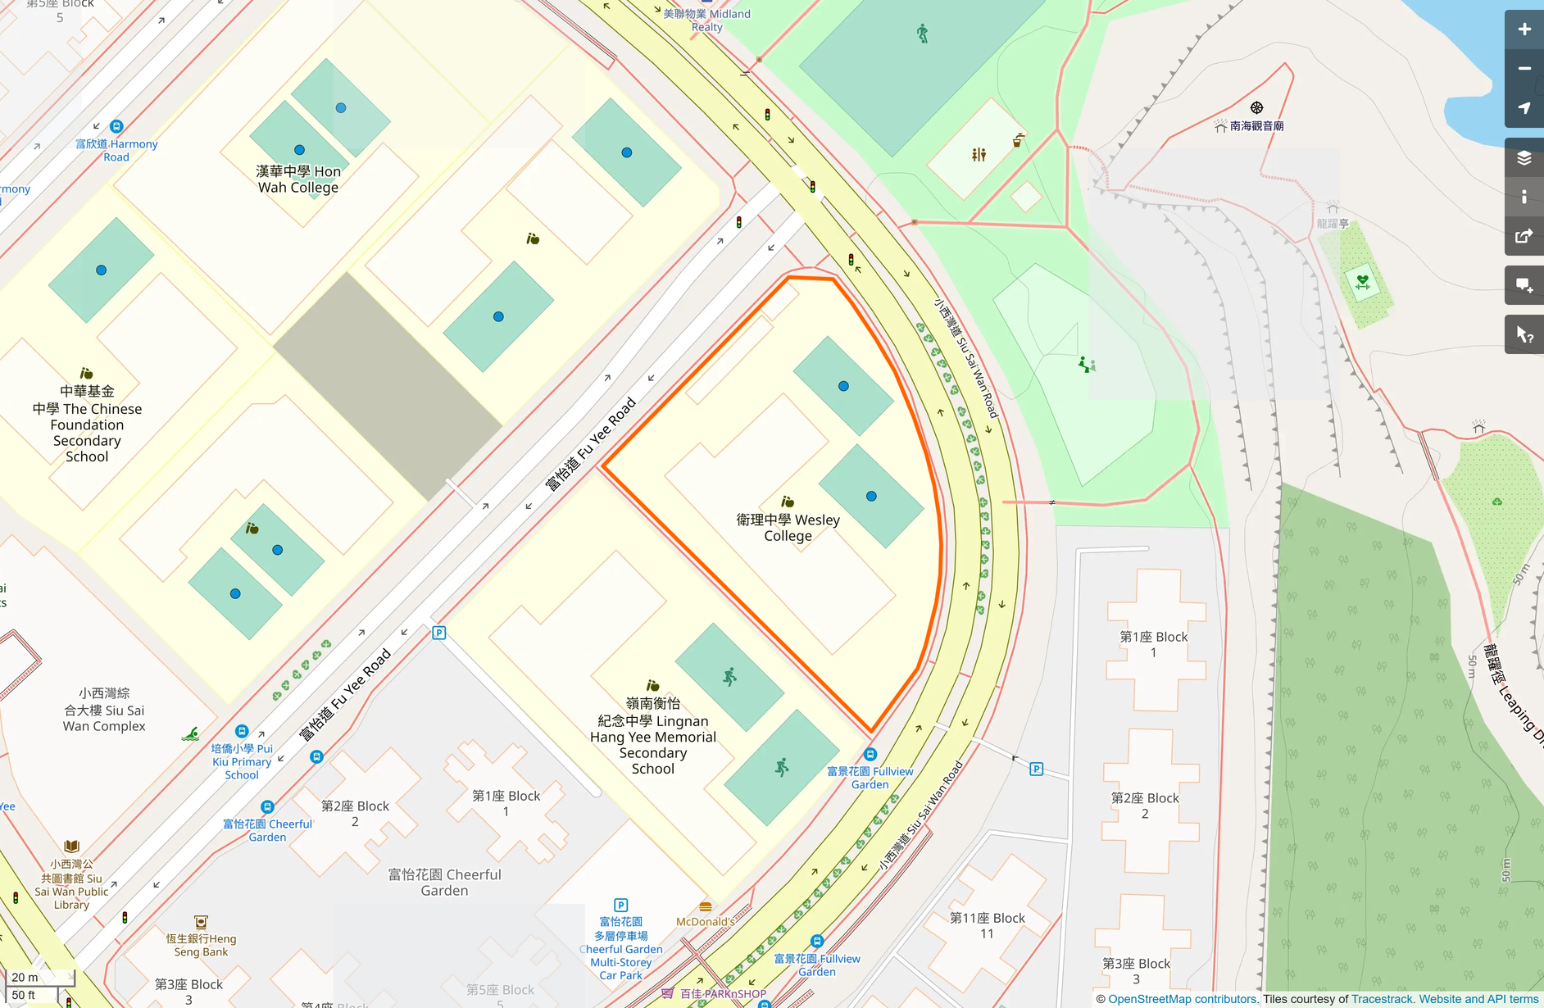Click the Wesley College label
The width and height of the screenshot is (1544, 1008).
(x=788, y=527)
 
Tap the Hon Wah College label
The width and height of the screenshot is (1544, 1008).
(x=298, y=179)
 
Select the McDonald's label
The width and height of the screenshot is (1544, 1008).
(x=705, y=921)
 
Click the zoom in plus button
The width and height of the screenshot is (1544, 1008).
(x=1524, y=30)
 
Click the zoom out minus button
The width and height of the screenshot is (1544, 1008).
(x=1524, y=69)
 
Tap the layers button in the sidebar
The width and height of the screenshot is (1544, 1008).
(x=1524, y=157)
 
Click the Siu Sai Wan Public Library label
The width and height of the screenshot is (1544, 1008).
(x=71, y=884)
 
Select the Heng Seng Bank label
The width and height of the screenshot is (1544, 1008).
(x=201, y=945)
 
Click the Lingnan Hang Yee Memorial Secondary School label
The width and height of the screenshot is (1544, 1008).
(x=653, y=736)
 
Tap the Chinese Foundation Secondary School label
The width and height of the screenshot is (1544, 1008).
(x=87, y=424)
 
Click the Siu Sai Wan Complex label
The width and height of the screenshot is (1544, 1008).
(x=104, y=710)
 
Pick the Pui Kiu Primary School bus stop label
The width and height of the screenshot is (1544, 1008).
(x=242, y=761)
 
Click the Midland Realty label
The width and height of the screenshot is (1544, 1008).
(x=706, y=20)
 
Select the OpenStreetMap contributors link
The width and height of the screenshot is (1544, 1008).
(x=1181, y=999)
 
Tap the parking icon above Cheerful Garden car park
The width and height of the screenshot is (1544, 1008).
(x=620, y=905)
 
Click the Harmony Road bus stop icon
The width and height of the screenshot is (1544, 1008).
(x=116, y=126)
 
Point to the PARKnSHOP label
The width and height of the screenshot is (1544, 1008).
(x=722, y=993)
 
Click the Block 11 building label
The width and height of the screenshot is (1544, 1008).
(x=987, y=925)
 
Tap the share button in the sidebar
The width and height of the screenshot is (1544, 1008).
(x=1524, y=236)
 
